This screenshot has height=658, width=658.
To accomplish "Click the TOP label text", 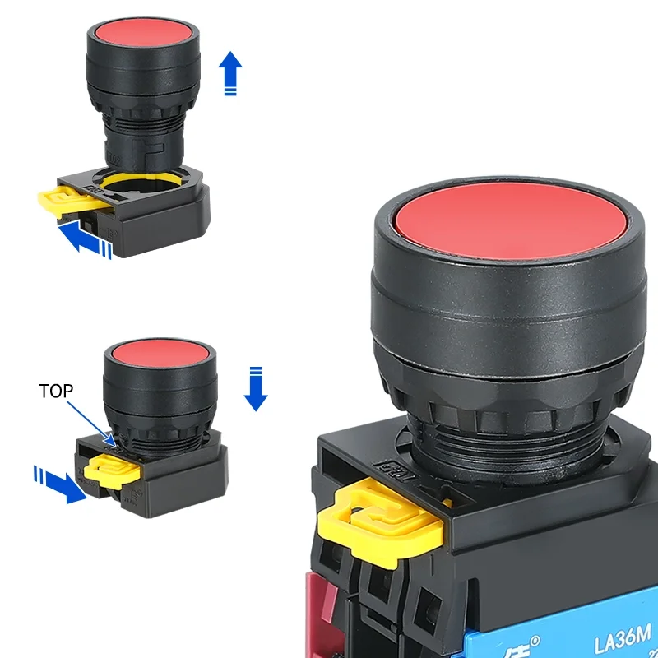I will (x=56, y=392).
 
